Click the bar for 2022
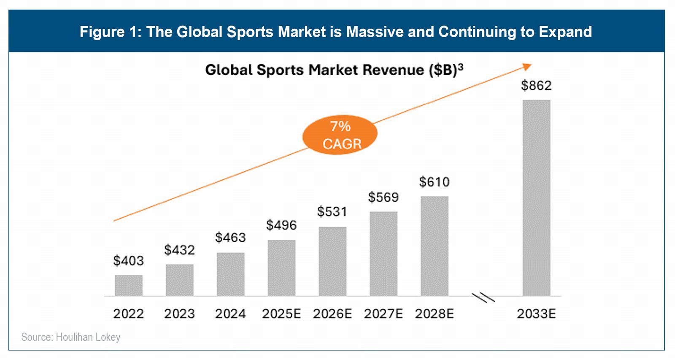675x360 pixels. pos(129,285)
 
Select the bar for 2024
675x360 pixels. pos(230,274)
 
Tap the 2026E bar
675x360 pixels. pos(332,261)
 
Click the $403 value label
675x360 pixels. pos(129,261)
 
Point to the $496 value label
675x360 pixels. pos(281,225)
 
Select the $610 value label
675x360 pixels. pos(434,182)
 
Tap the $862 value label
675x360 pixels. pos(536,86)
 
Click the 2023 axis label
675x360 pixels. pos(179,314)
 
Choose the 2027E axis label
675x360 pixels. pos(383,314)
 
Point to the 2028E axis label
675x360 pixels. pos(434,314)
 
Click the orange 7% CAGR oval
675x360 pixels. pos(340,135)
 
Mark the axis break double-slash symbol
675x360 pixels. pos(483,298)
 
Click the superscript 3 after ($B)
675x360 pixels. pos(460,66)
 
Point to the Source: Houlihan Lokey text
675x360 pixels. pos(71,337)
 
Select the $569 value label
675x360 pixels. pos(383,197)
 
